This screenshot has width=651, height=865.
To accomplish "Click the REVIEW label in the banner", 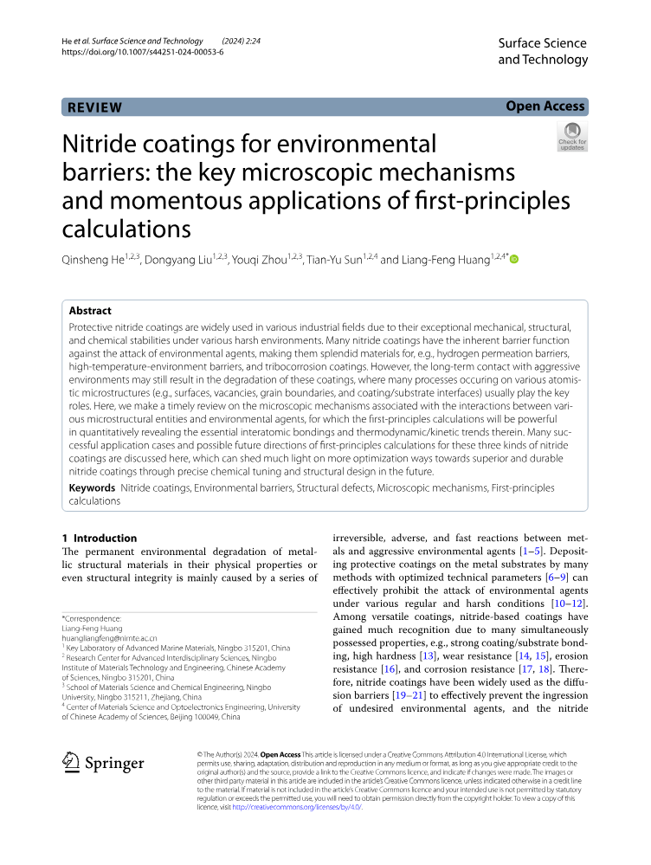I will (95, 107).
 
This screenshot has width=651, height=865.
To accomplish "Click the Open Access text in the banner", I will (545, 107).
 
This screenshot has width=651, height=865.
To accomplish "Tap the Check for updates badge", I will (572, 136).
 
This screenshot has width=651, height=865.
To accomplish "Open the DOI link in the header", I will (143, 52).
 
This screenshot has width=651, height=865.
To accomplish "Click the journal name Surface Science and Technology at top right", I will (543, 51).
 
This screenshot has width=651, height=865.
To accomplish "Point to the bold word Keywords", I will (92, 488).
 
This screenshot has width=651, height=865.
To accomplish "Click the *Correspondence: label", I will (93, 618).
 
